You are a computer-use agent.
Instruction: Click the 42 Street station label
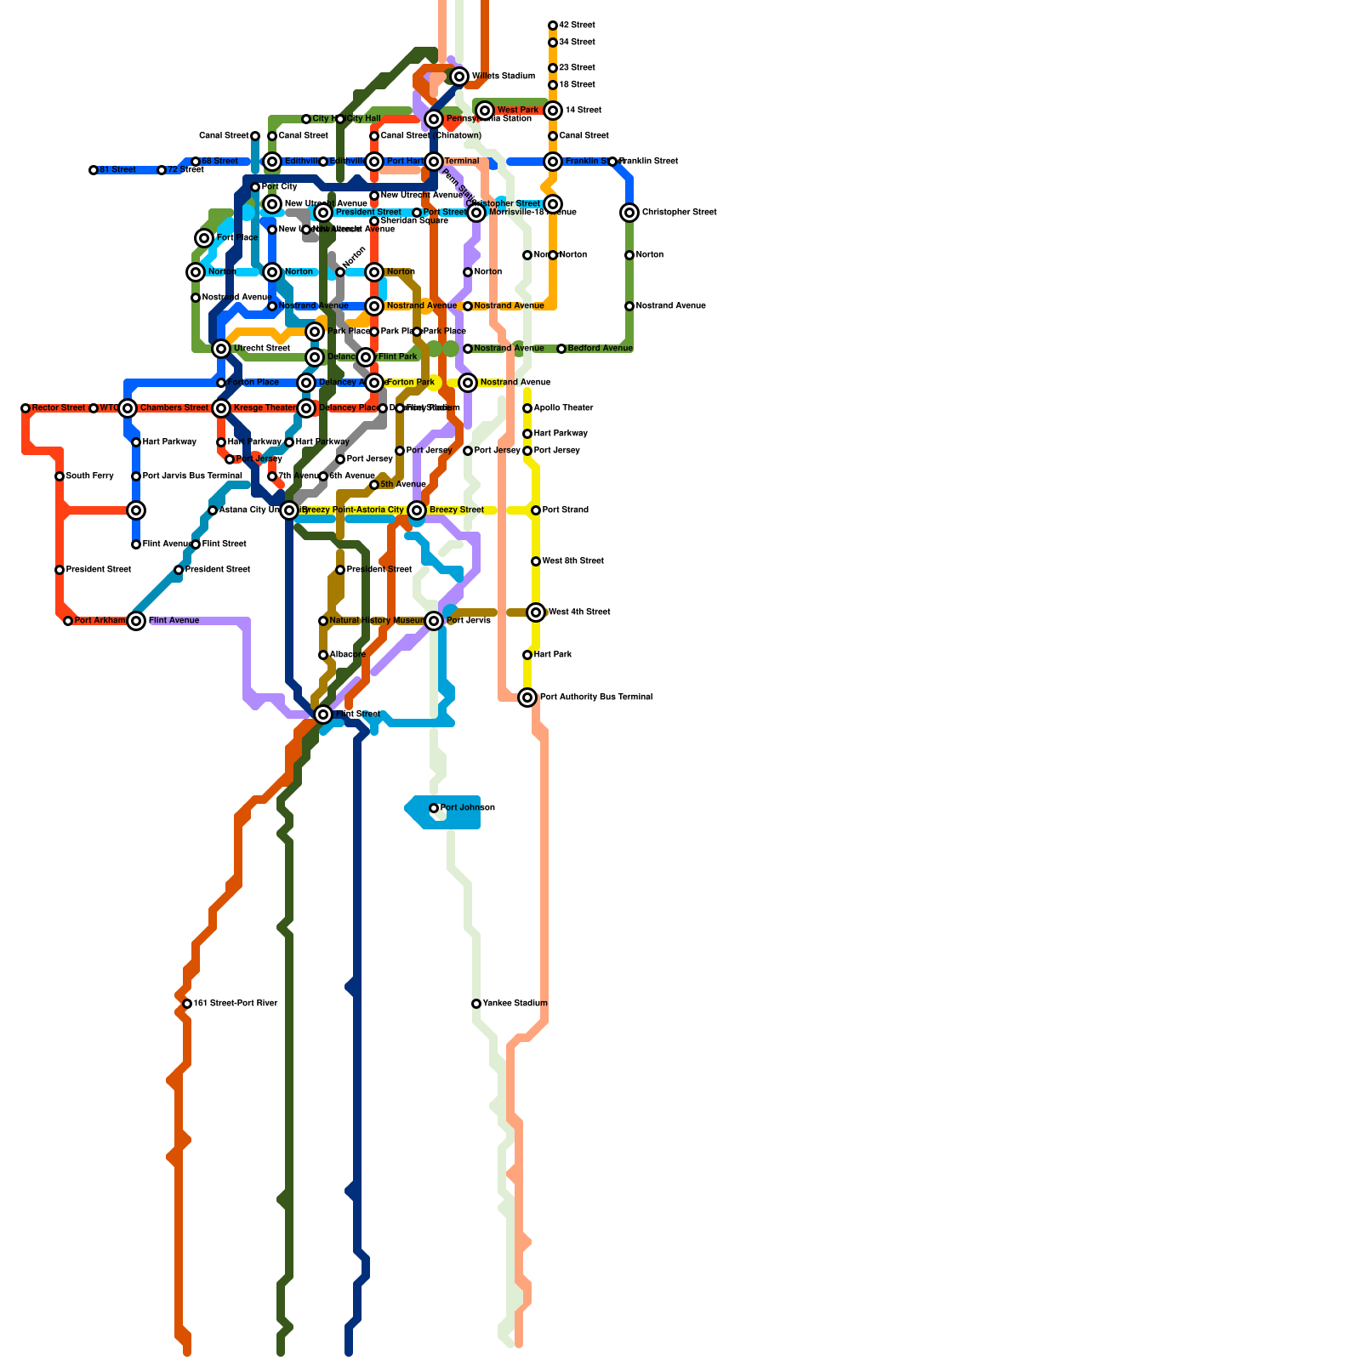(577, 26)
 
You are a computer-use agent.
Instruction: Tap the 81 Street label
(117, 170)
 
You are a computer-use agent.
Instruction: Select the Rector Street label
(59, 408)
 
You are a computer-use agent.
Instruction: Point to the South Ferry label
(89, 476)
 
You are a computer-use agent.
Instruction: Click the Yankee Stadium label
(515, 1004)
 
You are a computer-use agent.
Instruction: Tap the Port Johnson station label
(467, 808)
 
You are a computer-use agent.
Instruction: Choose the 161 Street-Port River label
(236, 1004)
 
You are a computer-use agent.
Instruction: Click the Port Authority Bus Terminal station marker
(527, 698)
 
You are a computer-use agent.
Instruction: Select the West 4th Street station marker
(536, 612)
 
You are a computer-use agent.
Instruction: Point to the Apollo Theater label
(563, 408)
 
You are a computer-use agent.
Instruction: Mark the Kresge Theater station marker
(221, 408)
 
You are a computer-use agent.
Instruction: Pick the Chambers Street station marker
(128, 408)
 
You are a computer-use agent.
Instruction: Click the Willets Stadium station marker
(459, 77)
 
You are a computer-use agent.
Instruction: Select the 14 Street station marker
(553, 111)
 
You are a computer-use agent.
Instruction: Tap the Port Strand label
(565, 510)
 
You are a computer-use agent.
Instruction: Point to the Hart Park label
(553, 655)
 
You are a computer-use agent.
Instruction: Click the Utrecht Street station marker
(221, 349)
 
